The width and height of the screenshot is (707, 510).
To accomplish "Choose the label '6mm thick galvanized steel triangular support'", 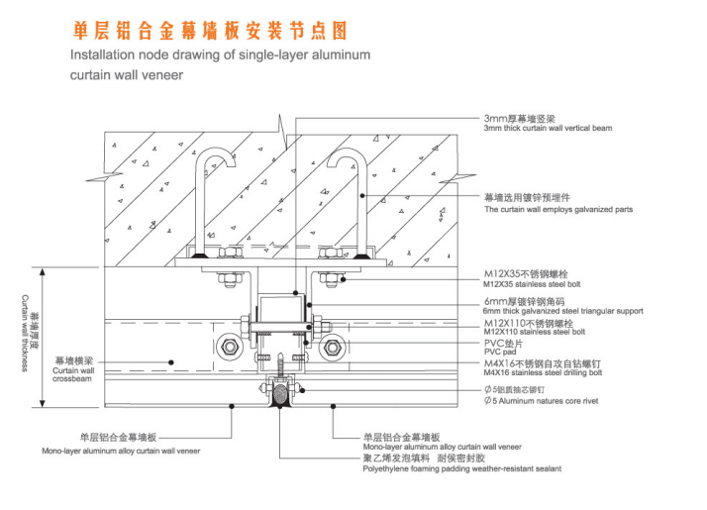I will click(x=562, y=311).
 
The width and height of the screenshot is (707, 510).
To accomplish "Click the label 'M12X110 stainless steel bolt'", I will click(x=535, y=332).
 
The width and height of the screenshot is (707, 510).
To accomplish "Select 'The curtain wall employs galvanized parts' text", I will click(x=558, y=210).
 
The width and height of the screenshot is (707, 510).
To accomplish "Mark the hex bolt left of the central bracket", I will click(x=230, y=348).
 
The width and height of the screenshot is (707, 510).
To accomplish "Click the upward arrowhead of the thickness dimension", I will click(x=41, y=272).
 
